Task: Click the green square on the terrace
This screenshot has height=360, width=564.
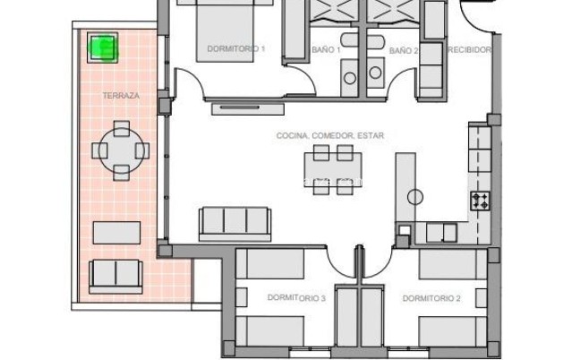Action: [104, 47]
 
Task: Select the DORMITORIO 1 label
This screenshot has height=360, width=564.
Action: [235, 50]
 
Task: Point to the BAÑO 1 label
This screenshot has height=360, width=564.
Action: [326, 51]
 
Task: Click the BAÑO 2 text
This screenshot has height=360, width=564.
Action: [403, 51]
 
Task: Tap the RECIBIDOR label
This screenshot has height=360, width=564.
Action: [469, 50]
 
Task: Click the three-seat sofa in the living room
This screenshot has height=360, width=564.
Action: [234, 220]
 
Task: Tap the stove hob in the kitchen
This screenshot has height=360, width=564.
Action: [481, 201]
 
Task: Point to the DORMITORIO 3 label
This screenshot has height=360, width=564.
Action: [296, 297]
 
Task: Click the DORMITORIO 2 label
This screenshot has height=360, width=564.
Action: [431, 297]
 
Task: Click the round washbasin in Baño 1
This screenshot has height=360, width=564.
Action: [348, 79]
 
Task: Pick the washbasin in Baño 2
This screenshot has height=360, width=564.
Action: [375, 78]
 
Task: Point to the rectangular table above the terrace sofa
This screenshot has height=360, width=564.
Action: [118, 233]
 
